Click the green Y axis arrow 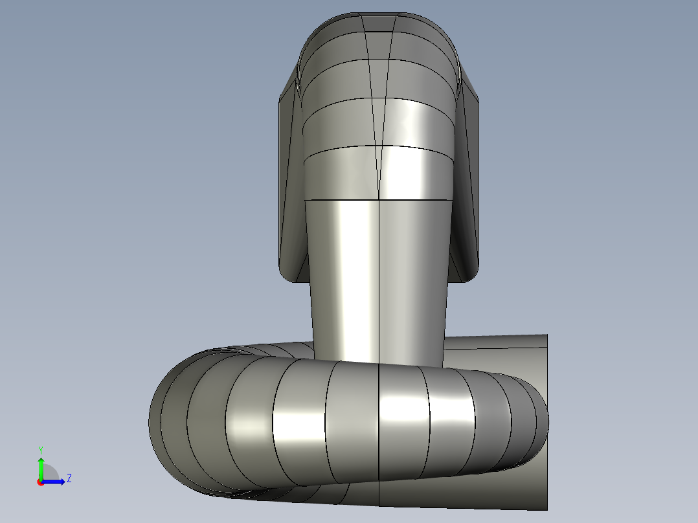[41, 468]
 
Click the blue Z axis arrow [53, 482]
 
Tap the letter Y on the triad [41, 451]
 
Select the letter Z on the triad [69, 478]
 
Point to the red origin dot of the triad [41, 482]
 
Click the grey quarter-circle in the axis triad [49, 473]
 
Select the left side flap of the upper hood [291, 187]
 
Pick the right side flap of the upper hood [465, 187]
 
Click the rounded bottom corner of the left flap [287, 275]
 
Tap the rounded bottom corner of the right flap [469, 275]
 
